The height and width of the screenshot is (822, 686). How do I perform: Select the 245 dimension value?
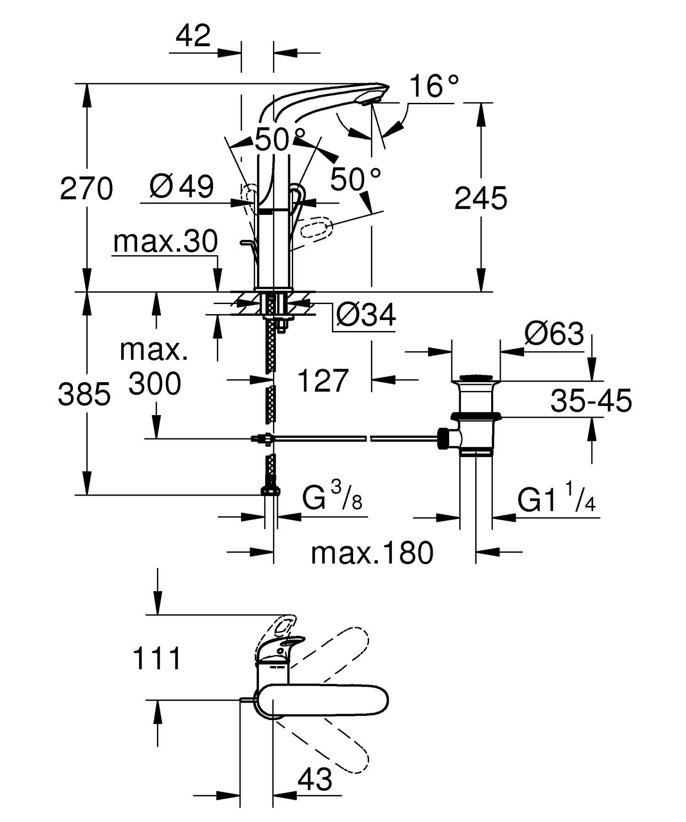click(481, 198)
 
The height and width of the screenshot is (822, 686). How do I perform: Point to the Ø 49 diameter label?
click(182, 187)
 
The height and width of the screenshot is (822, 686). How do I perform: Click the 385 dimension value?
click(84, 394)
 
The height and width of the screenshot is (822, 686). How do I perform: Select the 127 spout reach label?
click(323, 380)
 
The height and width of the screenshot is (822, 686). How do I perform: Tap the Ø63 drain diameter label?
click(554, 334)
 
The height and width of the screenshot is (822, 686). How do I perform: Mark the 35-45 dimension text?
click(591, 400)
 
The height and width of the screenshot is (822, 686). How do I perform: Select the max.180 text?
click(372, 553)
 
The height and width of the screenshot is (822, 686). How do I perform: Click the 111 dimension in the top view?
click(157, 659)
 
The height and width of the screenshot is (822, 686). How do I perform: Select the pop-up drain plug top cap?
click(476, 378)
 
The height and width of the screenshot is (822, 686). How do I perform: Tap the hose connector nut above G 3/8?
click(270, 491)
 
